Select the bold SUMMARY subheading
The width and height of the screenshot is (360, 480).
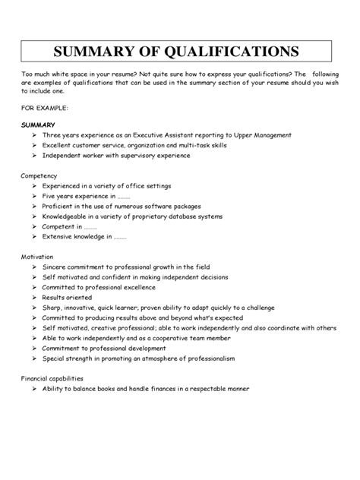[x=37, y=122]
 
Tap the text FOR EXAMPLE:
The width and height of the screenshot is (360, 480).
[x=46, y=108]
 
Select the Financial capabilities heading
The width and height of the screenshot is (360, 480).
[x=52, y=377]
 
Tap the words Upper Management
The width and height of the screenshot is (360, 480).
[x=259, y=134]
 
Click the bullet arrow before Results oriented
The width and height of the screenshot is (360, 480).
[x=36, y=298]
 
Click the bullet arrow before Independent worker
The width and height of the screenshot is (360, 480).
[x=36, y=155]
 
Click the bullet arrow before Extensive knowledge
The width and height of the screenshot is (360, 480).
[x=36, y=236]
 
